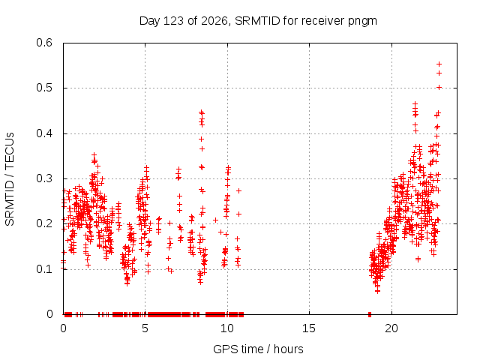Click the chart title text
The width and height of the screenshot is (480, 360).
point(258,21)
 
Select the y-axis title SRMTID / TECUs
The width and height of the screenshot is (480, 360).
point(10,179)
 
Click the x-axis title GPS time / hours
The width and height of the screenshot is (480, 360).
point(258,349)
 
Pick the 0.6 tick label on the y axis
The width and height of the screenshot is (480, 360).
point(44,43)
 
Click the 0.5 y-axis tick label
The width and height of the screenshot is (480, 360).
point(44,88)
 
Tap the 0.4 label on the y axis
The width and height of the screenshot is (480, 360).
point(44,133)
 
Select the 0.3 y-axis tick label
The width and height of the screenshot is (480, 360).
point(44,178)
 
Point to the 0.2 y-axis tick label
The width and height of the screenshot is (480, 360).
point(44,223)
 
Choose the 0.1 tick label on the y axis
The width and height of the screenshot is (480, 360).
point(44,269)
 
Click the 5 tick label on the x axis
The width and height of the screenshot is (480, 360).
point(145,328)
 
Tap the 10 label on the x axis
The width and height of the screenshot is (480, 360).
point(226,328)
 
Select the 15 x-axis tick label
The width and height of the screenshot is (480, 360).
point(309,328)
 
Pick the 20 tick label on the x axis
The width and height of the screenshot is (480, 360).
point(391,328)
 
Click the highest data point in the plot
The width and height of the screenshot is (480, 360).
point(439,64)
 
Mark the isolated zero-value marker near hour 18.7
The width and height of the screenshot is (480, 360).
point(370,314)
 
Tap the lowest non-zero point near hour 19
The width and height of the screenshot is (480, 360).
point(378,291)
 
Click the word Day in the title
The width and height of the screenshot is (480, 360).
point(149,22)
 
